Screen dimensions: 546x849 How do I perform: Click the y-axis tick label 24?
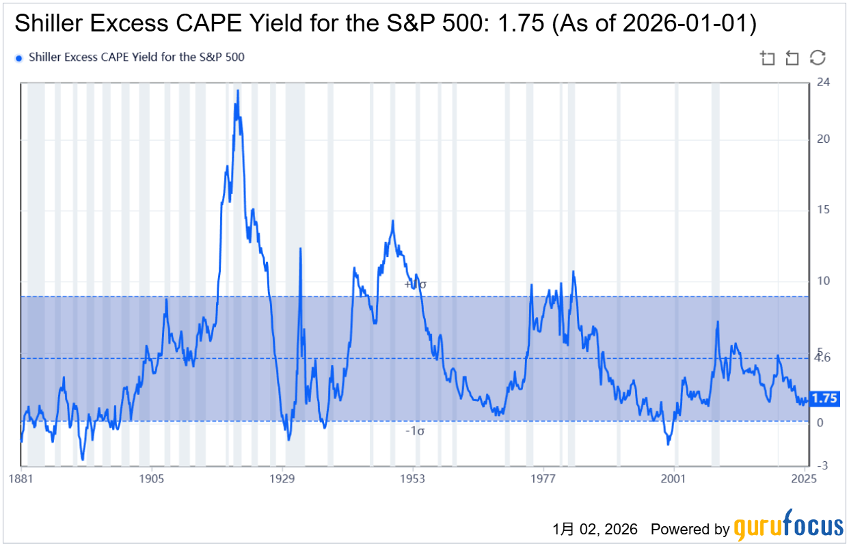click(823, 83)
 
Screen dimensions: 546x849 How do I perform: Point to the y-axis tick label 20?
click(823, 139)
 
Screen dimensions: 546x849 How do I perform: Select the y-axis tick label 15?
click(823, 210)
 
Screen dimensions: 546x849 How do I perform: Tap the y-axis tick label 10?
click(823, 281)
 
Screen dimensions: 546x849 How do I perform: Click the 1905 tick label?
click(151, 478)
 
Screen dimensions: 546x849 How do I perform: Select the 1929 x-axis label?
click(282, 478)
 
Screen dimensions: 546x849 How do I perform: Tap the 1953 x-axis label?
click(413, 478)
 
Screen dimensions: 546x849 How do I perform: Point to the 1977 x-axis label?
click(543, 478)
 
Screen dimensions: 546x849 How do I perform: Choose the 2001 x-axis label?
click(674, 478)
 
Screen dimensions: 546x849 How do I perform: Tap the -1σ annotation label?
click(416, 431)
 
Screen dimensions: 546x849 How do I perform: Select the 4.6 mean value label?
click(822, 357)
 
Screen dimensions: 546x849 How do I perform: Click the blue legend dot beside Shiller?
click(19, 58)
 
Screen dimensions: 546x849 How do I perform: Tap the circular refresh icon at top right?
click(818, 57)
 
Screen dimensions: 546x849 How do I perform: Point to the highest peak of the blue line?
click(237, 90)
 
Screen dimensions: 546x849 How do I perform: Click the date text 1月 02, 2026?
click(595, 529)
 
